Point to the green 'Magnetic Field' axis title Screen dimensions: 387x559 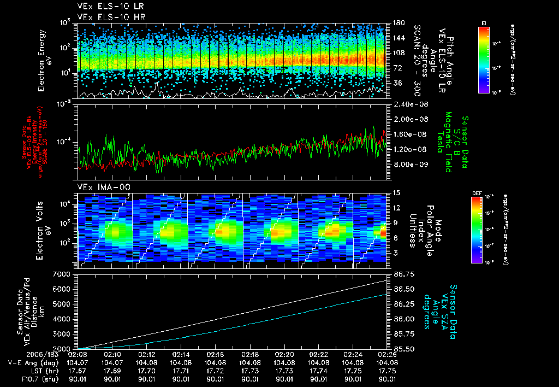(448, 142)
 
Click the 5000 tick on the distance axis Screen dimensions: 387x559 (63, 303)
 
